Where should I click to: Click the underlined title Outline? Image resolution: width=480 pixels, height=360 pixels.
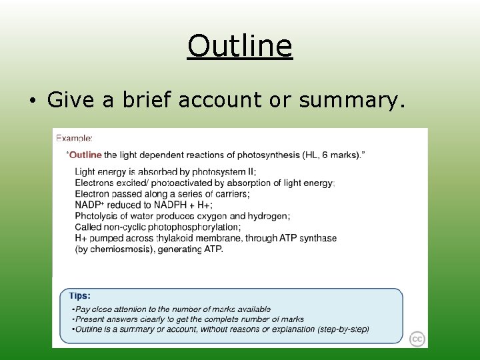tap(239, 47)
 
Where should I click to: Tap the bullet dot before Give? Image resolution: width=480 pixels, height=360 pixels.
tap(31, 101)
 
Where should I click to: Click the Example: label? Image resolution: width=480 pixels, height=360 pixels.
tap(74, 138)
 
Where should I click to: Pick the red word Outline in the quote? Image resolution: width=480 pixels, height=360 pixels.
tap(85, 155)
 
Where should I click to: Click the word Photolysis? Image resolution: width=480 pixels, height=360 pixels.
tap(97, 216)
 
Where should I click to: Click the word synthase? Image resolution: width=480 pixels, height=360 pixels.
tap(317, 238)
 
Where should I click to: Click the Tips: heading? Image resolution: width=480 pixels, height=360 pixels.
tap(80, 295)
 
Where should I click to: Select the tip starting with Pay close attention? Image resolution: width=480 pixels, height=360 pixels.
tap(171, 309)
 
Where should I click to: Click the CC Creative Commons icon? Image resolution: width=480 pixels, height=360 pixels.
tap(417, 339)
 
